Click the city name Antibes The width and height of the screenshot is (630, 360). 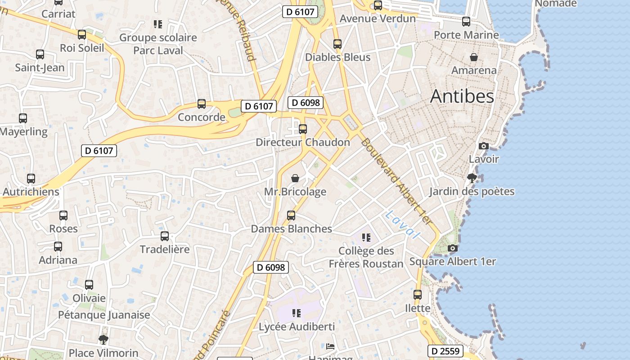coord(462,96)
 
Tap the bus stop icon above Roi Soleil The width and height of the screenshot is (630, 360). coord(82,35)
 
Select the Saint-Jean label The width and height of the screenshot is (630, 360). coord(40,68)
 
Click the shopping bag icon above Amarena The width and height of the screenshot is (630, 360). coord(474,57)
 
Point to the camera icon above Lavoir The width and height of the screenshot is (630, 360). coord(484,146)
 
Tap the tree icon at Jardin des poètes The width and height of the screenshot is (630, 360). coord(472,178)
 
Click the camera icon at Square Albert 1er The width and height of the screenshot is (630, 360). coord(453,248)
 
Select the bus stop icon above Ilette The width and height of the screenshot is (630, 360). coord(418,295)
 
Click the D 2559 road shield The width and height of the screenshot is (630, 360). coord(445,351)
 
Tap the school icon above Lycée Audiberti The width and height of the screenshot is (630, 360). coord(296,313)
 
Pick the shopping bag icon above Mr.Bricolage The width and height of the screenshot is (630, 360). coord(295,179)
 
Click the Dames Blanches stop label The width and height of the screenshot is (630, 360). coord(291,229)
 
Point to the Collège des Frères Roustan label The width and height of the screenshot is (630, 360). coord(366,257)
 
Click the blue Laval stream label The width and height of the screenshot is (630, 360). coord(402,224)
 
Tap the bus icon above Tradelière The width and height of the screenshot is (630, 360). coord(165,236)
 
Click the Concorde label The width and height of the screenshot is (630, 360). coord(201,117)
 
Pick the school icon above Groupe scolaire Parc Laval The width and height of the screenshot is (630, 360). coord(157,24)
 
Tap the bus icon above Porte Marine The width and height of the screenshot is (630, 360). coord(466,22)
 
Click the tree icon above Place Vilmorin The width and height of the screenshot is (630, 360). coord(103,339)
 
